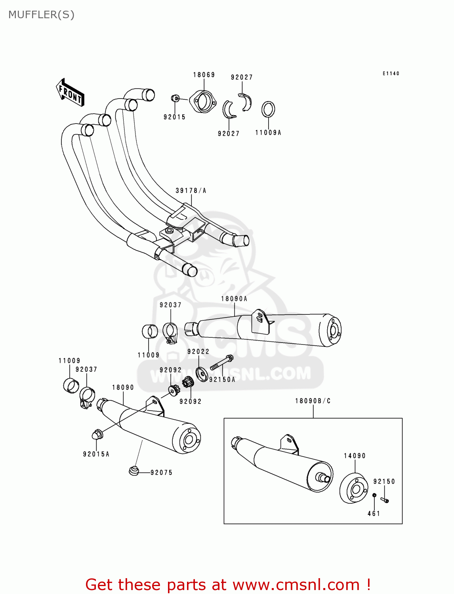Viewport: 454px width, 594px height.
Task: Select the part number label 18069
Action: pos(204,75)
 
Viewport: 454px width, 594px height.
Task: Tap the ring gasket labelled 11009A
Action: pos(268,109)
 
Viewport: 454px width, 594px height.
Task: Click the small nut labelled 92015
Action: pos(175,98)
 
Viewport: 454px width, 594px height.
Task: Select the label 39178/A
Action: pos(191,191)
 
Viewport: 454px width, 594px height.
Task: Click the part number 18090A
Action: pos(234,299)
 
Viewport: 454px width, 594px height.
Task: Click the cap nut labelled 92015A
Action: pos(97,434)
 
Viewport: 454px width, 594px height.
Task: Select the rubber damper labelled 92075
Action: pos(134,471)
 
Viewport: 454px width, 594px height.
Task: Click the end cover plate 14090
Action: pos(354,488)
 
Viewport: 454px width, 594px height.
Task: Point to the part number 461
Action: pos(374,514)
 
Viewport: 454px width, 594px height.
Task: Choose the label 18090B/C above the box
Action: pos(313,401)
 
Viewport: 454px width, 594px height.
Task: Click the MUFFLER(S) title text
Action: pos(41,15)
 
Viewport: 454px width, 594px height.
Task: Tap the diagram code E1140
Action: pos(391,74)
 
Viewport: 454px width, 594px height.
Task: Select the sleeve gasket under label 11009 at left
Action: pos(71,386)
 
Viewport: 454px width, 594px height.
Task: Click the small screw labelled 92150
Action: pos(385,500)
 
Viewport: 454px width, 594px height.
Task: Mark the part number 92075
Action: pos(161,472)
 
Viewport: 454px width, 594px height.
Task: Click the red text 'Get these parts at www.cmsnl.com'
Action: pos(228,584)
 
